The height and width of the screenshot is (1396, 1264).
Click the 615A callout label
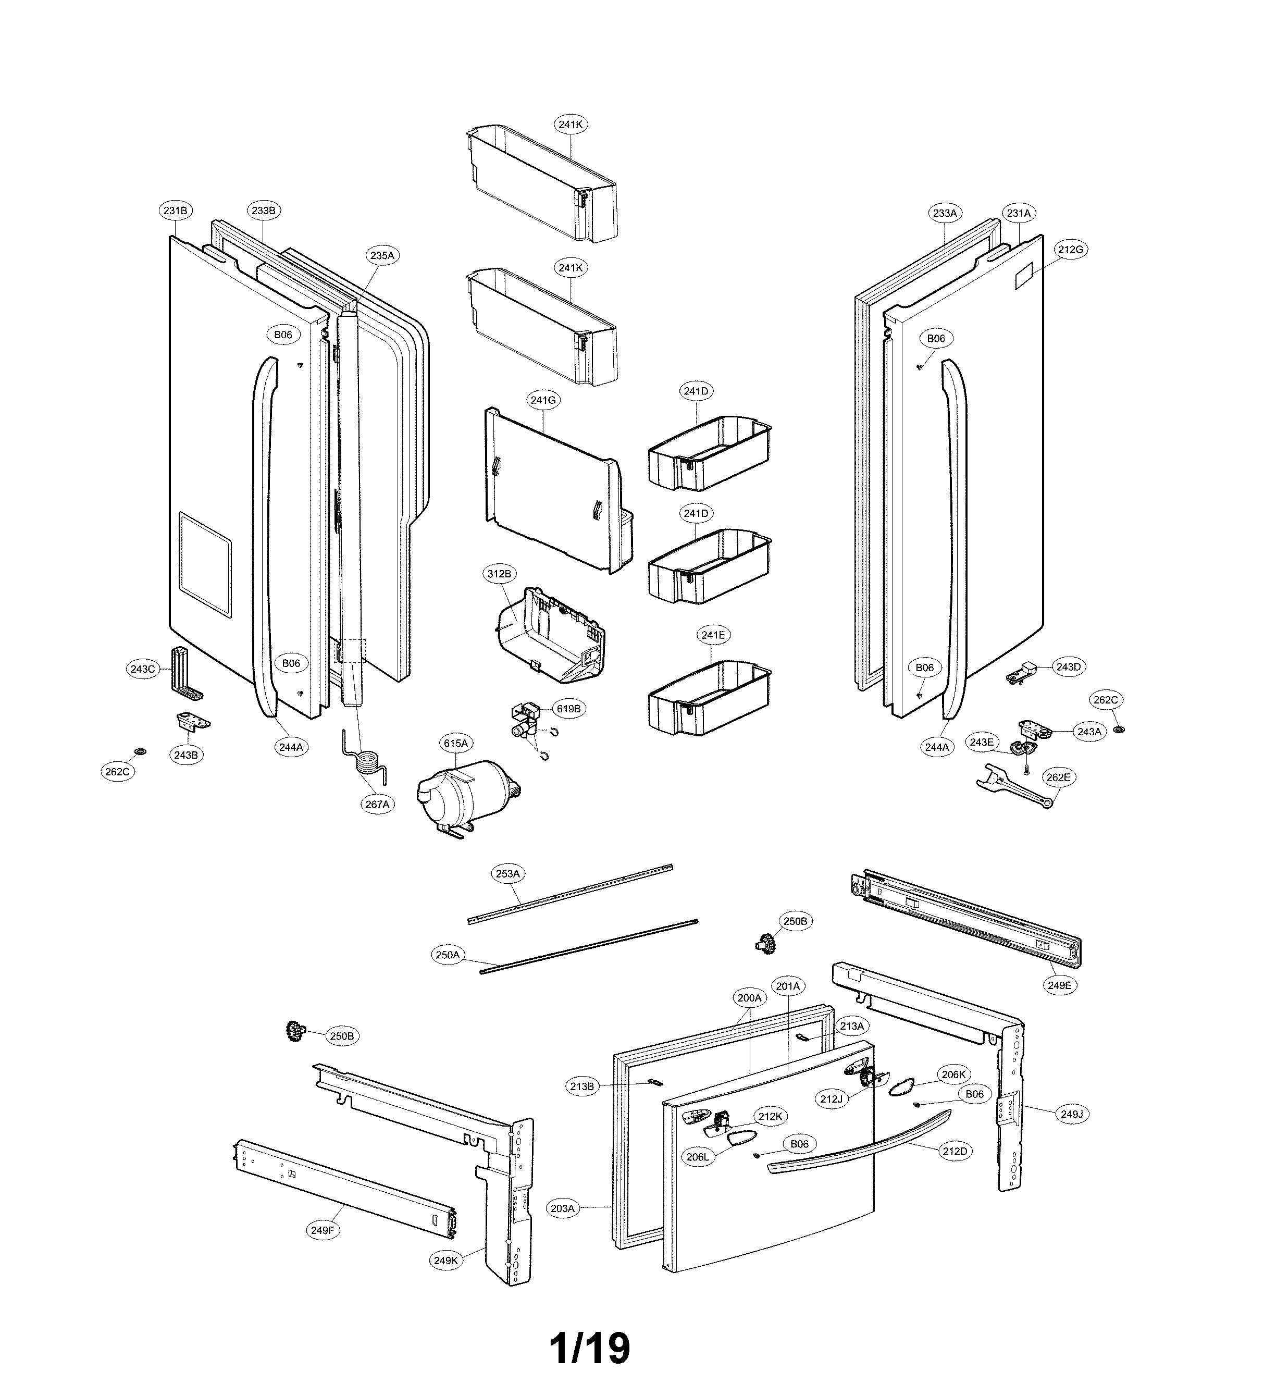455,743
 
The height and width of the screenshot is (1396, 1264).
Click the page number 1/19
590,1348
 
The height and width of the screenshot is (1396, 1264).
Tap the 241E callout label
714,634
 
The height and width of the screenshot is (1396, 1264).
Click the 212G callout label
1070,249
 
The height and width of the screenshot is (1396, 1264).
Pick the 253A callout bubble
507,873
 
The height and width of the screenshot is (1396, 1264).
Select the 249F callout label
323,1230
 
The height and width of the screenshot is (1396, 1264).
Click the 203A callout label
562,1208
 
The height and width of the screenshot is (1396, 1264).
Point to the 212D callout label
955,1151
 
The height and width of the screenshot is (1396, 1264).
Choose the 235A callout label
381,255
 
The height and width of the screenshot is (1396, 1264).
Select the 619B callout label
568,708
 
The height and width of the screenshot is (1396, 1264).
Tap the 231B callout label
175,211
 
